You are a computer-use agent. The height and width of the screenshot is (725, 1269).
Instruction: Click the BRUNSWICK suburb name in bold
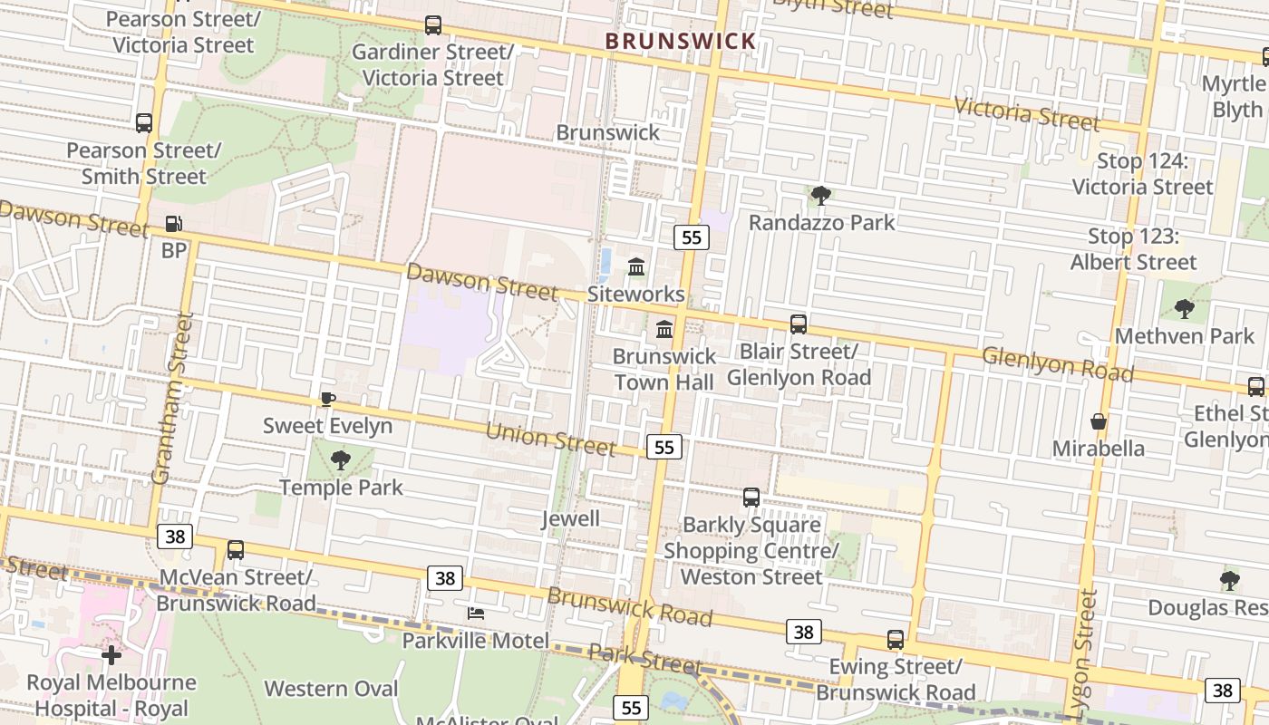(x=680, y=41)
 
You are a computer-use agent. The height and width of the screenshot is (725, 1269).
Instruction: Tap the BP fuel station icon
(x=173, y=223)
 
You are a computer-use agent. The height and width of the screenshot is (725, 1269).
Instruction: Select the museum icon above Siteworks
(x=636, y=267)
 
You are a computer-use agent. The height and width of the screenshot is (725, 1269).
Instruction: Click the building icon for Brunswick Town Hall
(x=664, y=329)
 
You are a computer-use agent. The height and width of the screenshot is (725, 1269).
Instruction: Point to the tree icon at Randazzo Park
(x=821, y=195)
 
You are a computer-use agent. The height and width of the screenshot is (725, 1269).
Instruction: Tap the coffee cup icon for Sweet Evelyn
(x=328, y=399)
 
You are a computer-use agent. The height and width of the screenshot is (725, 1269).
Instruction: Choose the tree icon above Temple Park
(x=341, y=460)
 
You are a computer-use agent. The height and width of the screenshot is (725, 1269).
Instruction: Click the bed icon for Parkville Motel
(x=476, y=614)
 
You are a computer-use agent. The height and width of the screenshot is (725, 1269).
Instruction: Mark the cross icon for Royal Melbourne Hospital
(x=111, y=654)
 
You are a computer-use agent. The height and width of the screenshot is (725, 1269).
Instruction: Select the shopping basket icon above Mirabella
(x=1099, y=421)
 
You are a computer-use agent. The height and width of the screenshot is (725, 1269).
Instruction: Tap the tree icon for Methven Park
(x=1185, y=309)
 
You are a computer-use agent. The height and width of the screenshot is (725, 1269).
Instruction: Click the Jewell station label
(x=570, y=518)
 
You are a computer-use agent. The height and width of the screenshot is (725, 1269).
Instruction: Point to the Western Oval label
(x=331, y=689)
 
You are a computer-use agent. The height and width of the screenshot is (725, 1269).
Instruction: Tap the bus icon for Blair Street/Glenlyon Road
(x=799, y=324)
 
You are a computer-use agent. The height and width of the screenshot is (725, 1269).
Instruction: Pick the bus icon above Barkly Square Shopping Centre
(x=751, y=497)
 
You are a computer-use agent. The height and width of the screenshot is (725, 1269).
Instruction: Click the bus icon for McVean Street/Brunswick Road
(x=236, y=549)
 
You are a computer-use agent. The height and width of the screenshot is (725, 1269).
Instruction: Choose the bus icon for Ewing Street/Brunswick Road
(x=896, y=639)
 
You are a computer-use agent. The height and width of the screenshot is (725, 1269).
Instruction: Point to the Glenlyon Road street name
(x=1058, y=364)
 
